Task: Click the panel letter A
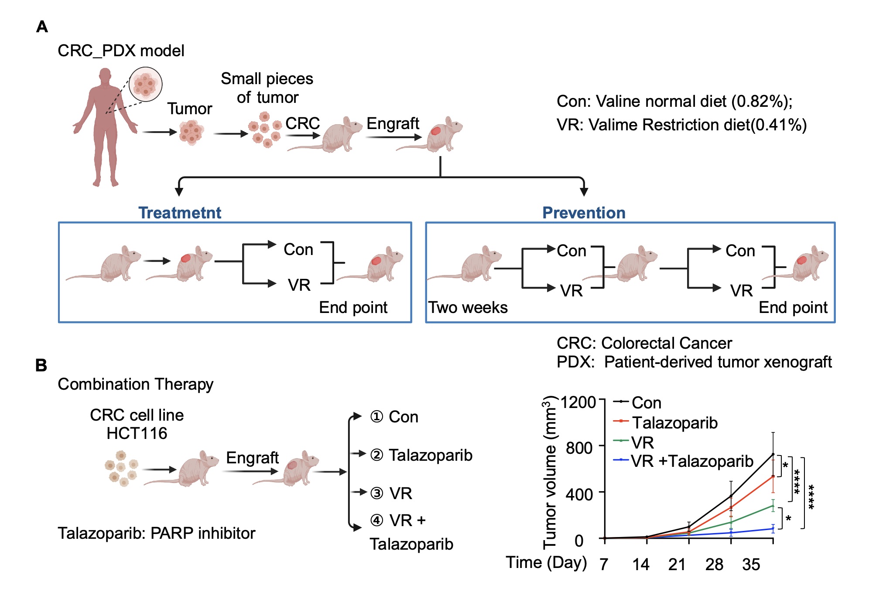[42, 27]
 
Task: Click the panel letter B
[41, 365]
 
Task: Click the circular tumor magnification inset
[146, 84]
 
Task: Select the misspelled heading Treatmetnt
[180, 213]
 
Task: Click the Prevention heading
[584, 213]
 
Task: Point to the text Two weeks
[468, 308]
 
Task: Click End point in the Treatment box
[353, 308]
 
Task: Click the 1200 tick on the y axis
[578, 402]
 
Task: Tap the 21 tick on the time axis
[677, 564]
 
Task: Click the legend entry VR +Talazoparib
[692, 461]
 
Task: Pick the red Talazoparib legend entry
[674, 423]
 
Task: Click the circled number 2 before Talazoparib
[376, 455]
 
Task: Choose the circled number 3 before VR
[376, 493]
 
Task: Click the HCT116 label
[137, 433]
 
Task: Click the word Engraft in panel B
[252, 458]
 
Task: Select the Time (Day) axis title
[546, 563]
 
